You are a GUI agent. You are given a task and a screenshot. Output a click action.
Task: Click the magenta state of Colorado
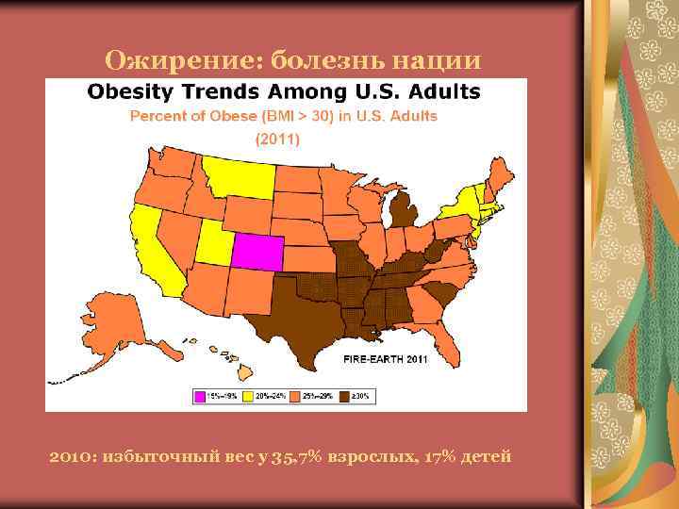point(256,251)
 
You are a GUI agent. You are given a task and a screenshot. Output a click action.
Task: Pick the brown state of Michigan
point(406,209)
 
